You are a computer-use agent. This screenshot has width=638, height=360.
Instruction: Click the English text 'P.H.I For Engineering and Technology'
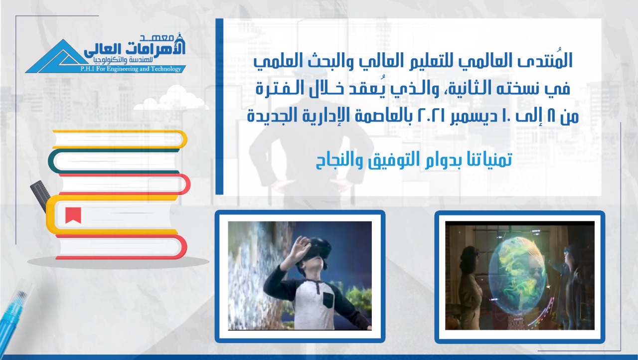coord(131,69)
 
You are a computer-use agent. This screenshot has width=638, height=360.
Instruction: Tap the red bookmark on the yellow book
coord(73,215)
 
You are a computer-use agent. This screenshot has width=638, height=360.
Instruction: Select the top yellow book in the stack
coord(120,139)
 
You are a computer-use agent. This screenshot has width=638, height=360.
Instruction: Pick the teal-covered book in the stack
coord(114,161)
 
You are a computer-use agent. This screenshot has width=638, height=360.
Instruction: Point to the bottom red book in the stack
coord(121,247)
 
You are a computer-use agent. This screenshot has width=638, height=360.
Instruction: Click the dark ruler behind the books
coord(40,196)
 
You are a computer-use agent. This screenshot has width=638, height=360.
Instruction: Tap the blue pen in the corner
coord(14,311)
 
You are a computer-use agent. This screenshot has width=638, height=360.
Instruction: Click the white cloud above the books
coord(171,99)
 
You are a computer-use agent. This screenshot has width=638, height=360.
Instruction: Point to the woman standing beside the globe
coord(470,288)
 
